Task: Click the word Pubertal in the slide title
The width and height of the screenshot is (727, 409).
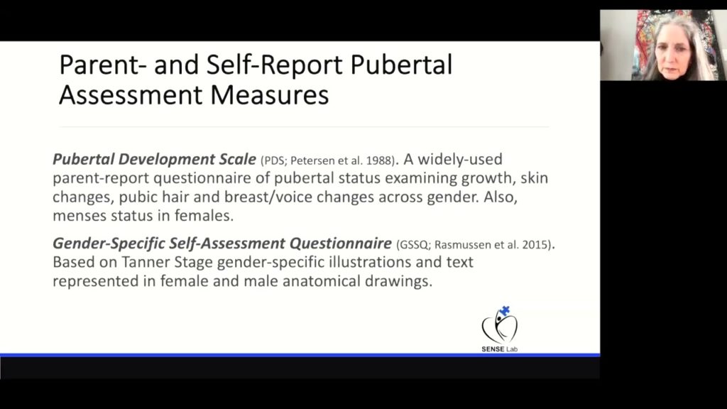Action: click(x=402, y=65)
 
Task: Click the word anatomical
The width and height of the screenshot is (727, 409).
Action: click(x=327, y=280)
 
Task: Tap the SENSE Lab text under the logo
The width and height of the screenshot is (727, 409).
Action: click(x=500, y=349)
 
